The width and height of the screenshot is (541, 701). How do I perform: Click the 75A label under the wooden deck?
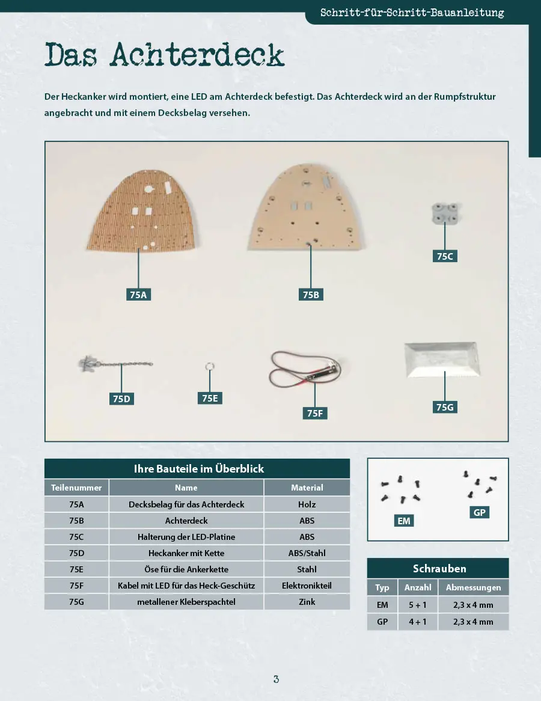point(138,295)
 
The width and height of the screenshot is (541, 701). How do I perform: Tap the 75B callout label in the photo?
point(311,295)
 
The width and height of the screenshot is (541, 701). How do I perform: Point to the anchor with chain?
point(115,364)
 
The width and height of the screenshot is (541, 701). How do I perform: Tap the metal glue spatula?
point(442,360)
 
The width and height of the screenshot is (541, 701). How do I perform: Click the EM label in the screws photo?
point(404,521)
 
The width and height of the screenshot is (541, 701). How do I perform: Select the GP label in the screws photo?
point(479,512)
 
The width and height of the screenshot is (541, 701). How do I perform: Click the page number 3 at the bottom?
point(277,679)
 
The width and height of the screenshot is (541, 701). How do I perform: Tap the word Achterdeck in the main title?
point(197,55)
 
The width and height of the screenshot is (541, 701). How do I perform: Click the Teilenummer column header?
point(76,488)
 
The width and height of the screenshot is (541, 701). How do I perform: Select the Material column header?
point(307,488)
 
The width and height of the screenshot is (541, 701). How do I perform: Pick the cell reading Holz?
point(307,504)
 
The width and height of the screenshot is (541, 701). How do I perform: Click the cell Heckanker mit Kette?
point(186,553)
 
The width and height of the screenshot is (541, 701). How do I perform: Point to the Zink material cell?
point(307,602)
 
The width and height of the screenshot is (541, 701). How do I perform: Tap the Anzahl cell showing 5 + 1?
point(418,605)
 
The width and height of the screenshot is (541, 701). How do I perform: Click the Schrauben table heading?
point(439,568)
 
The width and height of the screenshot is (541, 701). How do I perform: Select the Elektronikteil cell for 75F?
point(307,586)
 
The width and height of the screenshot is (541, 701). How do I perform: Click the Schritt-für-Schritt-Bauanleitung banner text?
point(412,13)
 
